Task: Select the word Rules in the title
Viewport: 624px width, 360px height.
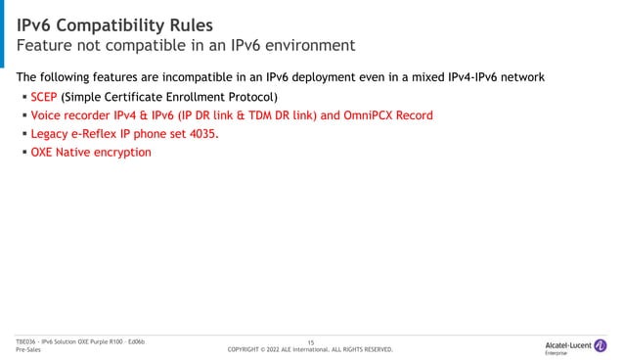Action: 211,22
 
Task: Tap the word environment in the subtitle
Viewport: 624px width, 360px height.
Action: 302,46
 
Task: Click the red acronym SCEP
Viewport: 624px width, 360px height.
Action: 43,97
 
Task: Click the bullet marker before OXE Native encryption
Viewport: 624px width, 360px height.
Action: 22,153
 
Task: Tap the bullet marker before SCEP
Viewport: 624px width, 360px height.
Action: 22,97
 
